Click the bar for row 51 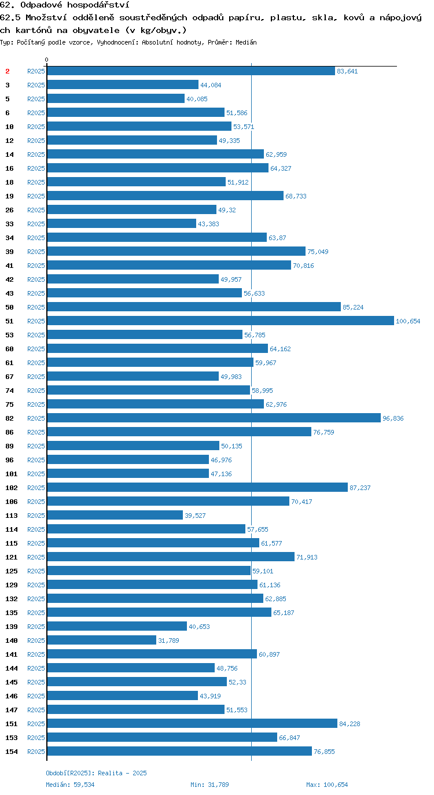(x=220, y=321)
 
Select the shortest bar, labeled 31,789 (x=101, y=641)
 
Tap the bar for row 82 (x=214, y=418)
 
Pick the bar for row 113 (x=115, y=516)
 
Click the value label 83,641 (x=347, y=71)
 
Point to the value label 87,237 (x=360, y=488)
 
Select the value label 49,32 (x=227, y=210)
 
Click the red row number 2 (x=8, y=71)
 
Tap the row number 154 (x=12, y=752)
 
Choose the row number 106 (x=12, y=502)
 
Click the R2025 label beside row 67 (x=36, y=377)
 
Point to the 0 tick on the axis (x=46, y=60)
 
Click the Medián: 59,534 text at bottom (x=70, y=785)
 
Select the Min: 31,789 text (x=209, y=785)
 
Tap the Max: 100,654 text (x=327, y=785)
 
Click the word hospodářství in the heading (x=98, y=5)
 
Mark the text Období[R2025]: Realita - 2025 (x=96, y=773)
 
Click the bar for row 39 (x=176, y=251)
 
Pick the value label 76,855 (x=324, y=752)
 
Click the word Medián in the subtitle (x=246, y=43)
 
